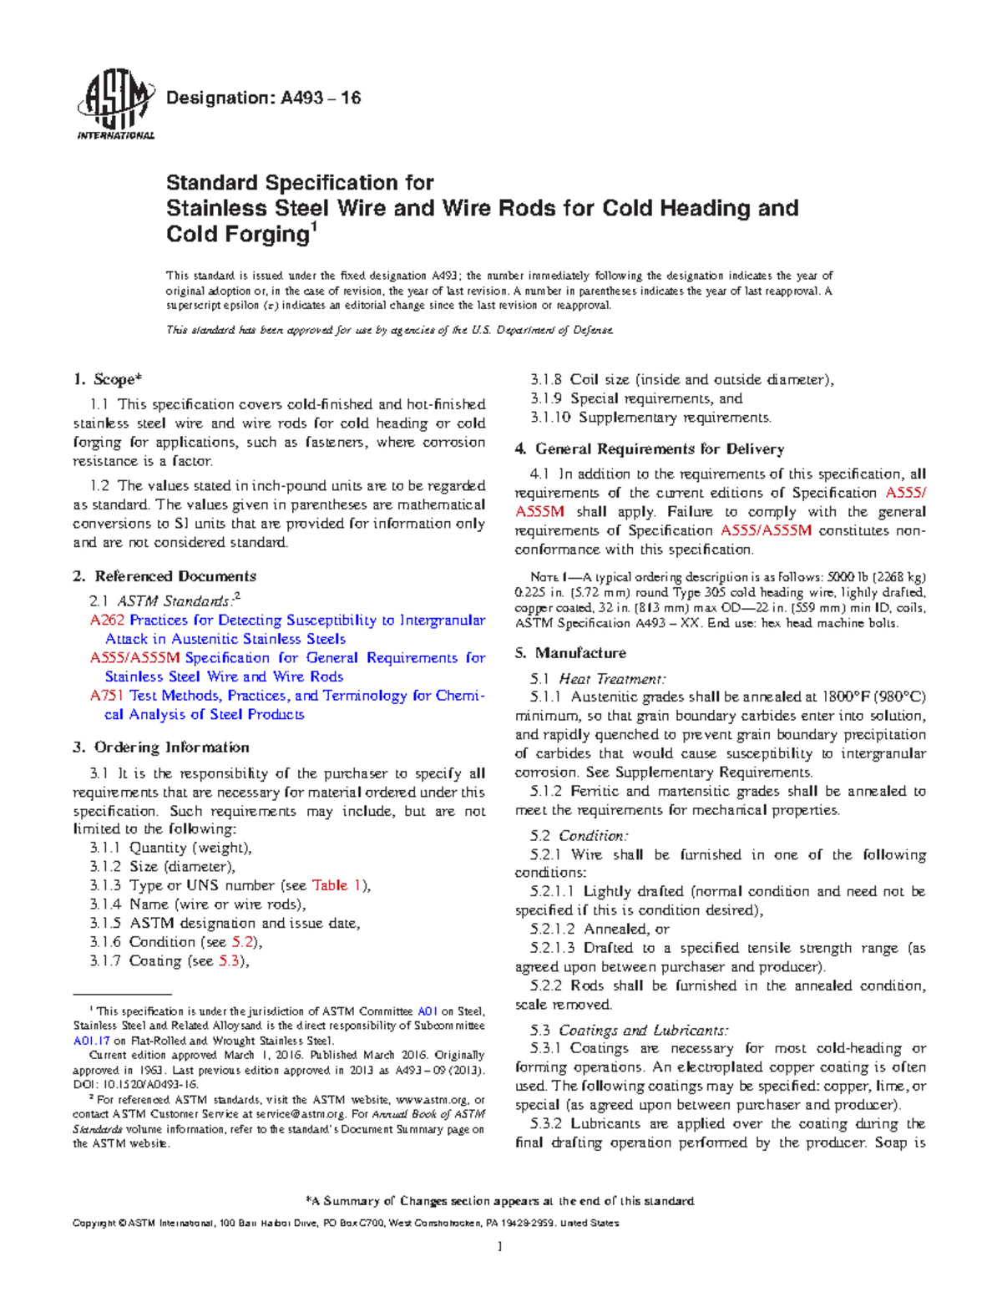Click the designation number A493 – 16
(320, 99)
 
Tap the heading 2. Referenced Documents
(164, 576)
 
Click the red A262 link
(108, 621)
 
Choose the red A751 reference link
(108, 696)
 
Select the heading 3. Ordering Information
(161, 747)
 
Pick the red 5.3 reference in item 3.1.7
(230, 961)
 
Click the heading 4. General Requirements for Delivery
(649, 449)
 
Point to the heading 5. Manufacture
(570, 653)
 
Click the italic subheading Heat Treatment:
(612, 679)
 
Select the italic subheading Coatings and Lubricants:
(643, 1031)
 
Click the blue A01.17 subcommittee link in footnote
(92, 1041)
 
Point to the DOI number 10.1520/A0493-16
(148, 1084)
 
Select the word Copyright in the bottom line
(94, 1224)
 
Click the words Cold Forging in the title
(238, 235)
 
